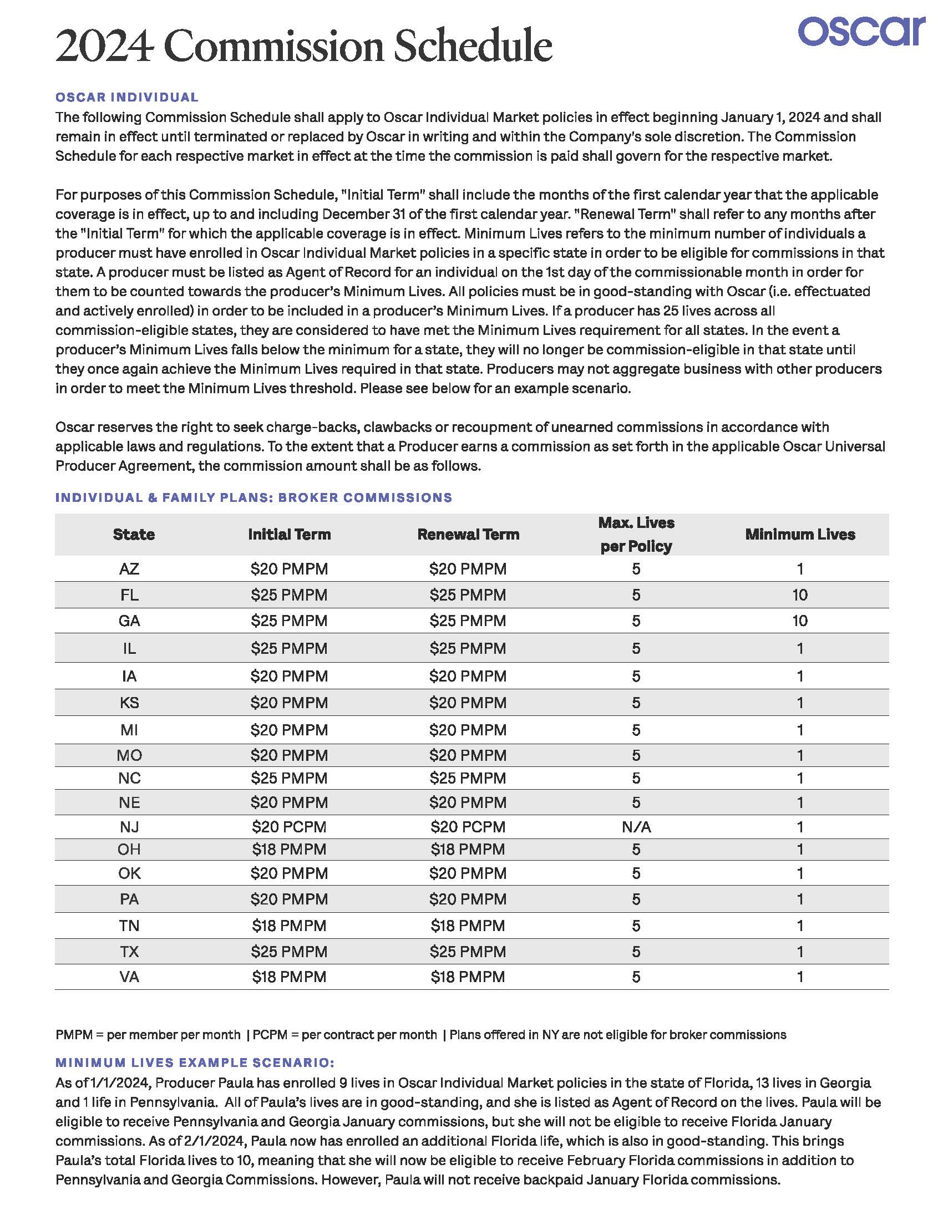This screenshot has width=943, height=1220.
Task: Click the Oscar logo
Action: (x=861, y=32)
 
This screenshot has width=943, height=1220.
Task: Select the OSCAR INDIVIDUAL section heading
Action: (x=127, y=97)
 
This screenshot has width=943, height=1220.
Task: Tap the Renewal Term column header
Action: (x=468, y=534)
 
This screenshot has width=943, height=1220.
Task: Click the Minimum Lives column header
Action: (x=800, y=534)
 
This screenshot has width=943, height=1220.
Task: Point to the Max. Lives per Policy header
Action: (x=636, y=535)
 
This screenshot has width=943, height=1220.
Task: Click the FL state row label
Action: (x=129, y=595)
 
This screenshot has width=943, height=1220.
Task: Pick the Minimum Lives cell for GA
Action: (x=800, y=621)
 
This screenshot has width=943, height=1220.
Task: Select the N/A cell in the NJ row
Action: (x=636, y=827)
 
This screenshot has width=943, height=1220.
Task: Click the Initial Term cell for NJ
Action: (x=289, y=827)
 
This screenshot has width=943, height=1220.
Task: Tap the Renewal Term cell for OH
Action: (x=468, y=849)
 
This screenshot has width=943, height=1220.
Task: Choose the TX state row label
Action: (x=129, y=951)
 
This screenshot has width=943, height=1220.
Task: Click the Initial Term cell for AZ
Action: (x=289, y=569)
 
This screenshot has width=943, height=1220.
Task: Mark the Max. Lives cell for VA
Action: (x=636, y=977)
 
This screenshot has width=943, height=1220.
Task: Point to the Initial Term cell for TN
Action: (x=289, y=926)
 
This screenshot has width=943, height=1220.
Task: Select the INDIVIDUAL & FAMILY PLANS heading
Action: (x=254, y=498)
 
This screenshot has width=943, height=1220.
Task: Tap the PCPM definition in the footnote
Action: (x=344, y=1035)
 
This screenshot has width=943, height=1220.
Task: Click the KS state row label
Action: (x=129, y=702)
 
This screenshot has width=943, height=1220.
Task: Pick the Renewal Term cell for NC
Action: (x=468, y=777)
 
